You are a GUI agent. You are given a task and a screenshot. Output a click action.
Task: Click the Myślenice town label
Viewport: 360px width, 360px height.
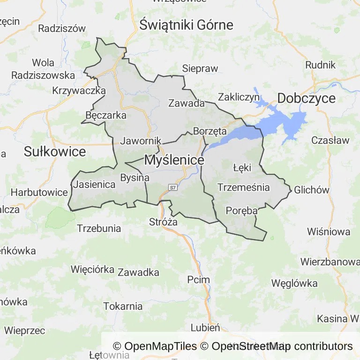pyautogui.click(x=174, y=160)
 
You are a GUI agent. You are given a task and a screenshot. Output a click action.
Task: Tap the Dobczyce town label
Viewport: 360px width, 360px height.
pyautogui.click(x=307, y=98)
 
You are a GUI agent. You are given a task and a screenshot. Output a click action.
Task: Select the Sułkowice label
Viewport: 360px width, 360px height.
pyautogui.click(x=55, y=151)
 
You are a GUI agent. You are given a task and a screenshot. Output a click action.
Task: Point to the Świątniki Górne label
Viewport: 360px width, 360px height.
pyautogui.click(x=186, y=25)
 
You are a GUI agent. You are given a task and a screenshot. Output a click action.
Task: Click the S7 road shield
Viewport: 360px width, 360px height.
pyautogui.click(x=173, y=187)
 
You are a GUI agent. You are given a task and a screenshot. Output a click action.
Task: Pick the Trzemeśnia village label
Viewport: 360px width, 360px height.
pyautogui.click(x=243, y=187)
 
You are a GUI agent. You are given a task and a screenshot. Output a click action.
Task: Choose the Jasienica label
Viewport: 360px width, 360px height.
pyautogui.click(x=94, y=185)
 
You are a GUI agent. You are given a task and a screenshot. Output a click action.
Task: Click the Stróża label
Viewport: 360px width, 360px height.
pyautogui.click(x=163, y=222)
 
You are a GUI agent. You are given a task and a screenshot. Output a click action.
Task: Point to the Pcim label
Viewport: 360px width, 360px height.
pyautogui.click(x=198, y=280)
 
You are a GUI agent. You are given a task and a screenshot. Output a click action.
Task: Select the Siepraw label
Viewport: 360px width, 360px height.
pyautogui.click(x=200, y=68)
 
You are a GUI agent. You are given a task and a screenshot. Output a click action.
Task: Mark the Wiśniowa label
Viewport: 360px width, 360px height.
pyautogui.click(x=329, y=231)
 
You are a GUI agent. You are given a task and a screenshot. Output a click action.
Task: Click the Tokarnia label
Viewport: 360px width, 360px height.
pyautogui.click(x=123, y=307)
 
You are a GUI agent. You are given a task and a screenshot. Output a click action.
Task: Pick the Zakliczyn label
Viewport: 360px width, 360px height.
pyautogui.click(x=239, y=97)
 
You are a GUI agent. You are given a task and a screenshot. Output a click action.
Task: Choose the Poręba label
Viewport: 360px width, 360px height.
pyautogui.click(x=241, y=211)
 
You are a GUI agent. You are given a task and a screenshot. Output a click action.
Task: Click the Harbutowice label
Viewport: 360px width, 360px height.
pyautogui.click(x=39, y=192)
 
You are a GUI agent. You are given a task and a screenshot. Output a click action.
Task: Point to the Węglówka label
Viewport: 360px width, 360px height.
pyautogui.click(x=294, y=283)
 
